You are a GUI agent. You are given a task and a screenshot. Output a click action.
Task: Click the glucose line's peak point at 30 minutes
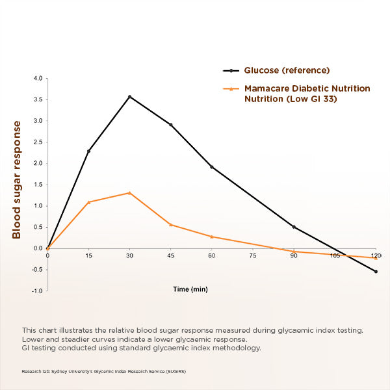[x=130, y=97]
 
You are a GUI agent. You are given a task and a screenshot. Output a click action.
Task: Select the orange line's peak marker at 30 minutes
[x=130, y=192]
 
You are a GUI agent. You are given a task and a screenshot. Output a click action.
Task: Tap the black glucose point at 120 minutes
[x=376, y=272]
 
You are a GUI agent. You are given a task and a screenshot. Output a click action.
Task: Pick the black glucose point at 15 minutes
[x=89, y=151]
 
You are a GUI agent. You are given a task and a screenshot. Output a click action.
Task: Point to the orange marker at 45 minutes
[x=171, y=225]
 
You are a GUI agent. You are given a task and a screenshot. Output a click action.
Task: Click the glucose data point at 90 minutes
[x=294, y=227]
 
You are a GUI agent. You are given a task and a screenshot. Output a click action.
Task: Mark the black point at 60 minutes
[x=212, y=167]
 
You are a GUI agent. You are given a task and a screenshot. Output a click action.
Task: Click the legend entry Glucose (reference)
[x=287, y=70]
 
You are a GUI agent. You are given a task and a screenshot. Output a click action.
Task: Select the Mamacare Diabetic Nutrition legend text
[x=307, y=88]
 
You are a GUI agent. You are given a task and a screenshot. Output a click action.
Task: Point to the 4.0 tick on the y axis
[x=38, y=79]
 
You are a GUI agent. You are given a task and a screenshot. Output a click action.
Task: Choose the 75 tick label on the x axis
[x=253, y=256]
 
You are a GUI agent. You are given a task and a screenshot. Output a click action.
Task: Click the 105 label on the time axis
[x=335, y=256]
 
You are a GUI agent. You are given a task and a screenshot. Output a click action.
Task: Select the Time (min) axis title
[x=190, y=289]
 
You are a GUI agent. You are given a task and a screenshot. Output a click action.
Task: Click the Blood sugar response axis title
[x=17, y=179]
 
